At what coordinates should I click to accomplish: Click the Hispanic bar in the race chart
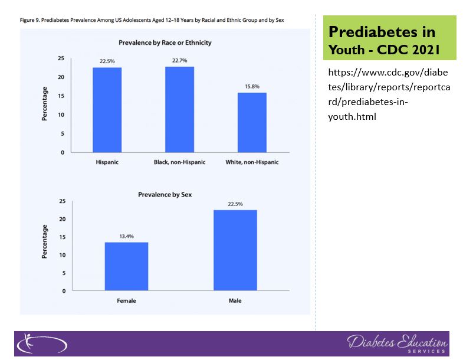click(x=107, y=110)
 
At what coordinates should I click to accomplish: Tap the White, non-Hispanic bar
click(x=252, y=122)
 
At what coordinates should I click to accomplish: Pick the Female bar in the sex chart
click(x=126, y=266)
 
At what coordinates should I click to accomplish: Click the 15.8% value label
click(x=252, y=87)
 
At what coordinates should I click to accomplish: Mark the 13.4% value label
click(x=126, y=237)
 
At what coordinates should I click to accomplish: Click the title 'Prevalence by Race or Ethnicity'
click(x=165, y=42)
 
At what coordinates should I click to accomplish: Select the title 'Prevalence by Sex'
click(x=165, y=194)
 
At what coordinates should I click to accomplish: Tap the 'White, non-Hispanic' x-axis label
click(x=252, y=162)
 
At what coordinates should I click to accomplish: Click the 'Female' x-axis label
click(x=126, y=300)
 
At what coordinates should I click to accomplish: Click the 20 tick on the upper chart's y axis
click(x=61, y=77)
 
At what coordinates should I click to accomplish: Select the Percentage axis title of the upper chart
click(x=44, y=104)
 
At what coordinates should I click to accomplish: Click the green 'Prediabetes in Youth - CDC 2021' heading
click(x=389, y=40)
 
